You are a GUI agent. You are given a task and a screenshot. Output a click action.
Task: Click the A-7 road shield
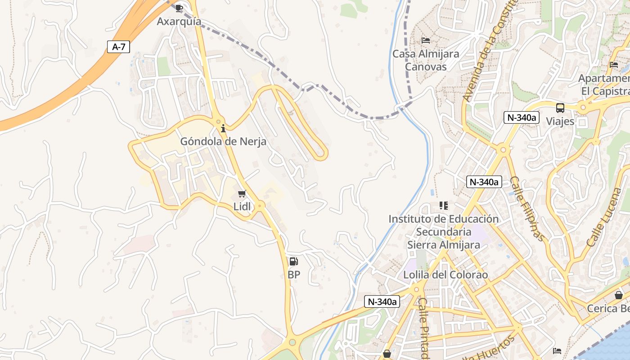pos(118,47)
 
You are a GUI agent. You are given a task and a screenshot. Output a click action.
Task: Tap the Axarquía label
pos(179,22)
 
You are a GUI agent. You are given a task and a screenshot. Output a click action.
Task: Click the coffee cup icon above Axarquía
pos(179,8)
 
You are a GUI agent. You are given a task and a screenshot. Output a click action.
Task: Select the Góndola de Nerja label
pos(223,141)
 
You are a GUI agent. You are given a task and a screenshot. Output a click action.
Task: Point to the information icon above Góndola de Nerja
pos(223,128)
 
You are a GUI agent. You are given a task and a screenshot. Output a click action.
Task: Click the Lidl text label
pos(242,207)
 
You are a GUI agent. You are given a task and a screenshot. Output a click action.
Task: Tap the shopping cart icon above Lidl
pos(242,194)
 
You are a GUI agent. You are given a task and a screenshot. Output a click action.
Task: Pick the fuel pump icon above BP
pos(293,261)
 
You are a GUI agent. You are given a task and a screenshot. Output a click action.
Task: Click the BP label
pos(293,274)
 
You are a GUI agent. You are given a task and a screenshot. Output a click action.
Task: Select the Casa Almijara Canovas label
pos(426,60)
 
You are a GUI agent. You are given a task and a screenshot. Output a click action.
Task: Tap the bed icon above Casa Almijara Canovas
pos(426,40)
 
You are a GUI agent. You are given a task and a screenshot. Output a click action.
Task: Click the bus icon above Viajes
pos(560,108)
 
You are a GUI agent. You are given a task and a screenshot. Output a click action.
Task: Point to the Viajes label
pos(560,121)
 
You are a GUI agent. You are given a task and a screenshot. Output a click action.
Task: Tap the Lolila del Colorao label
pos(445,275)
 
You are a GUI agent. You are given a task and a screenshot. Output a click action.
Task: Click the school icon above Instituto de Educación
pos(444,206)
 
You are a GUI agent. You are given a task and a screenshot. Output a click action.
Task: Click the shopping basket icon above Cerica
pos(619,295)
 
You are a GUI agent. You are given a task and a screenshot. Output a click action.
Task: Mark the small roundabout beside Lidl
pos(260,205)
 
